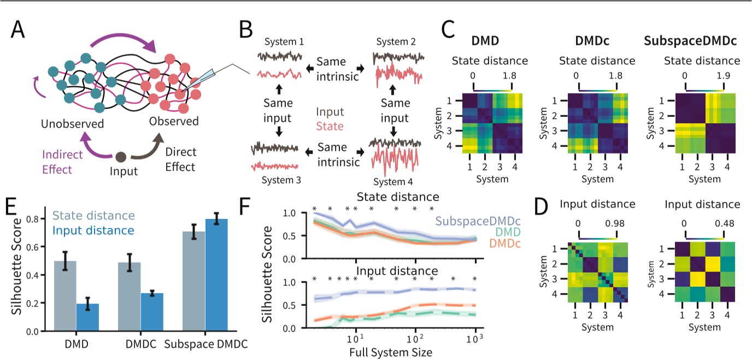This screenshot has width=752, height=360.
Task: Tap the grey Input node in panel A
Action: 121,157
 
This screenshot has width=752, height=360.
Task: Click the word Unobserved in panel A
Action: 73,124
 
